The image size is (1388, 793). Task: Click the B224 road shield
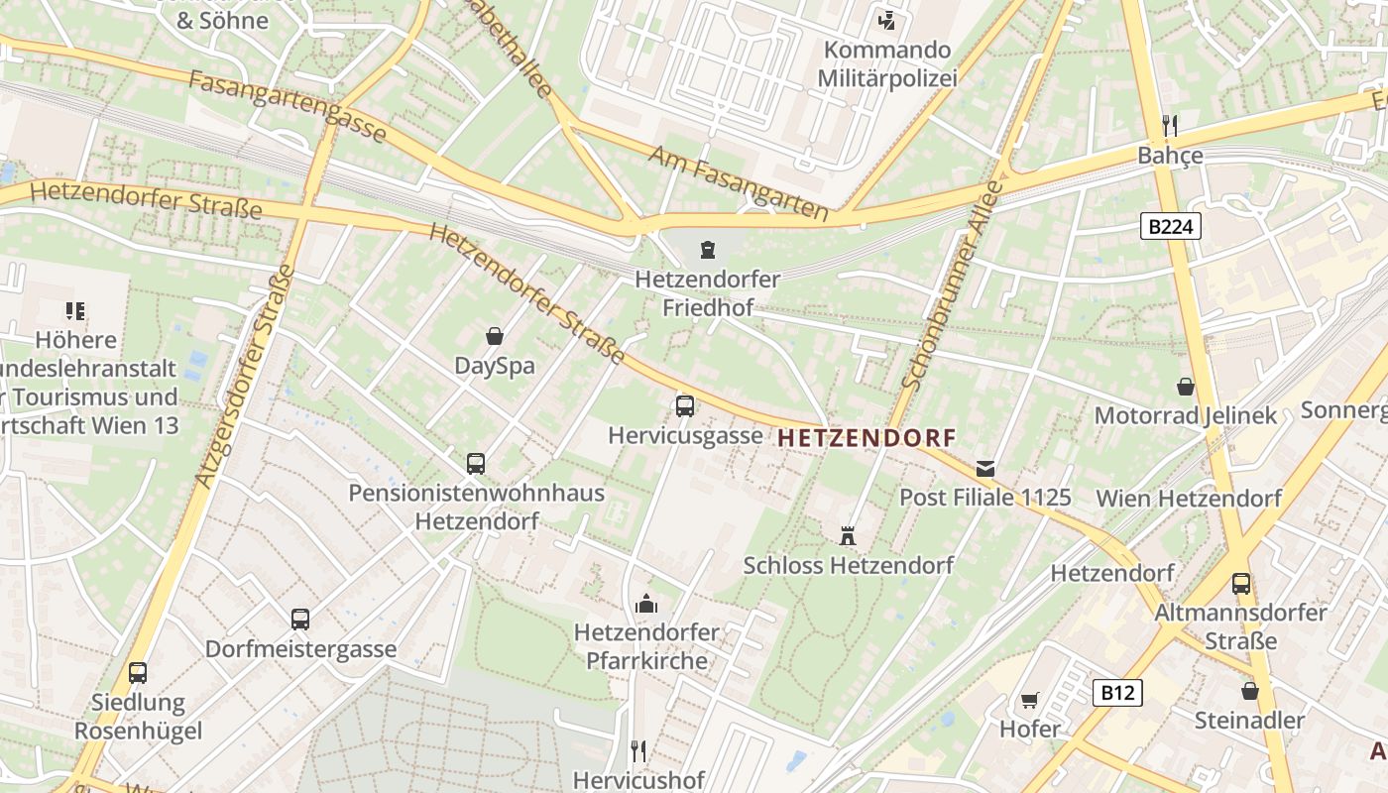coord(1170,227)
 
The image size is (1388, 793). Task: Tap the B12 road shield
coord(1117,692)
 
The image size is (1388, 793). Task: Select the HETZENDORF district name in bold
coord(867,437)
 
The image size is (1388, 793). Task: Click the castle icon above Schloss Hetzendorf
coord(847,536)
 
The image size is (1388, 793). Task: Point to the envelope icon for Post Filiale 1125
coord(985,468)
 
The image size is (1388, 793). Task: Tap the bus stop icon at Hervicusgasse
coord(684,405)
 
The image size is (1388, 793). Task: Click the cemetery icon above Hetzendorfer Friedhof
coord(707,249)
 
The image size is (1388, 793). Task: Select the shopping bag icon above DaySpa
coord(494,336)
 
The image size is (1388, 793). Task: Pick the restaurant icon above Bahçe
coord(1170,125)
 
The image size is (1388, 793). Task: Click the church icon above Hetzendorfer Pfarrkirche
coord(646,603)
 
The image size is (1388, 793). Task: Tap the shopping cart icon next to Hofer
coord(1030,700)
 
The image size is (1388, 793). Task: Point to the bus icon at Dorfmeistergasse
coord(300,620)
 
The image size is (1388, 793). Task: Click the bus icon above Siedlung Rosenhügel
coord(138,673)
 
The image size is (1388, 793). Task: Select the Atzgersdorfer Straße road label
coord(244,377)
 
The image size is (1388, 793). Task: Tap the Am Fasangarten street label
coord(738,182)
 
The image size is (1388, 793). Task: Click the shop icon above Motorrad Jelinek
coord(1185,386)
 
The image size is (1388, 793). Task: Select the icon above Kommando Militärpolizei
coord(886,20)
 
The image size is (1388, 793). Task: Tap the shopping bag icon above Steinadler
coord(1249,690)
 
